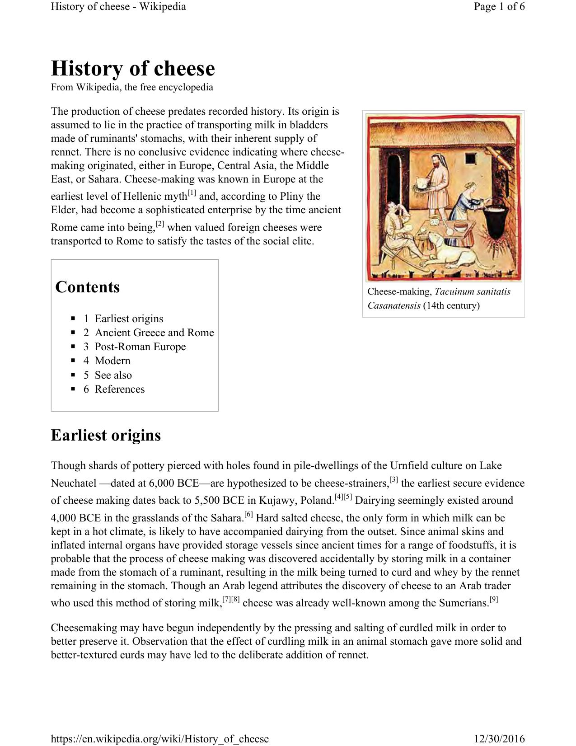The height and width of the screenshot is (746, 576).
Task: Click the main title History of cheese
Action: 133,69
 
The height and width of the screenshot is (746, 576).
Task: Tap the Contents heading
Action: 87,287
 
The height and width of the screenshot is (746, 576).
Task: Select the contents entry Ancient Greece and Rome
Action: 154,333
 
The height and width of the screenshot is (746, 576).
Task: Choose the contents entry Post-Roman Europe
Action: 140,347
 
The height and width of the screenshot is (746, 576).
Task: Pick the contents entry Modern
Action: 112,361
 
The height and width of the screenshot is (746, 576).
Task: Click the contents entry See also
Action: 113,375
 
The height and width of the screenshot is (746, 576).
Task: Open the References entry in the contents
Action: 120,389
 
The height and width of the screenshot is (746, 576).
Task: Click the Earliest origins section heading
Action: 106,436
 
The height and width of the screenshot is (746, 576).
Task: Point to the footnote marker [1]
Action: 192,193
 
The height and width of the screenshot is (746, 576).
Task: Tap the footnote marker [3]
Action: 393,479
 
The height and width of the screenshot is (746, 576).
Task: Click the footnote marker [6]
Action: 248,514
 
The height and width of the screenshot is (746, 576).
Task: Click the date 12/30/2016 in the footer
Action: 499,739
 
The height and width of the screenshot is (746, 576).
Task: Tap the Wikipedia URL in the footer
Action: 159,739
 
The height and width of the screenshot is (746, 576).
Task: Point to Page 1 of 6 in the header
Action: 499,7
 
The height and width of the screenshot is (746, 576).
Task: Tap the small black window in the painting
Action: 470,159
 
